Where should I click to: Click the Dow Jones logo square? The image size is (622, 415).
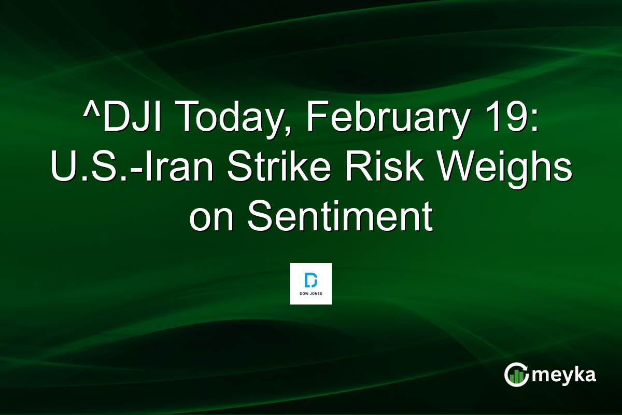point(310,283)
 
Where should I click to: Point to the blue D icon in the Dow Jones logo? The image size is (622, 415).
point(310,280)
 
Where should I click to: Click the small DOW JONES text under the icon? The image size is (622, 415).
point(310,293)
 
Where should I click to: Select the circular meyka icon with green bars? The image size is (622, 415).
point(517,375)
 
